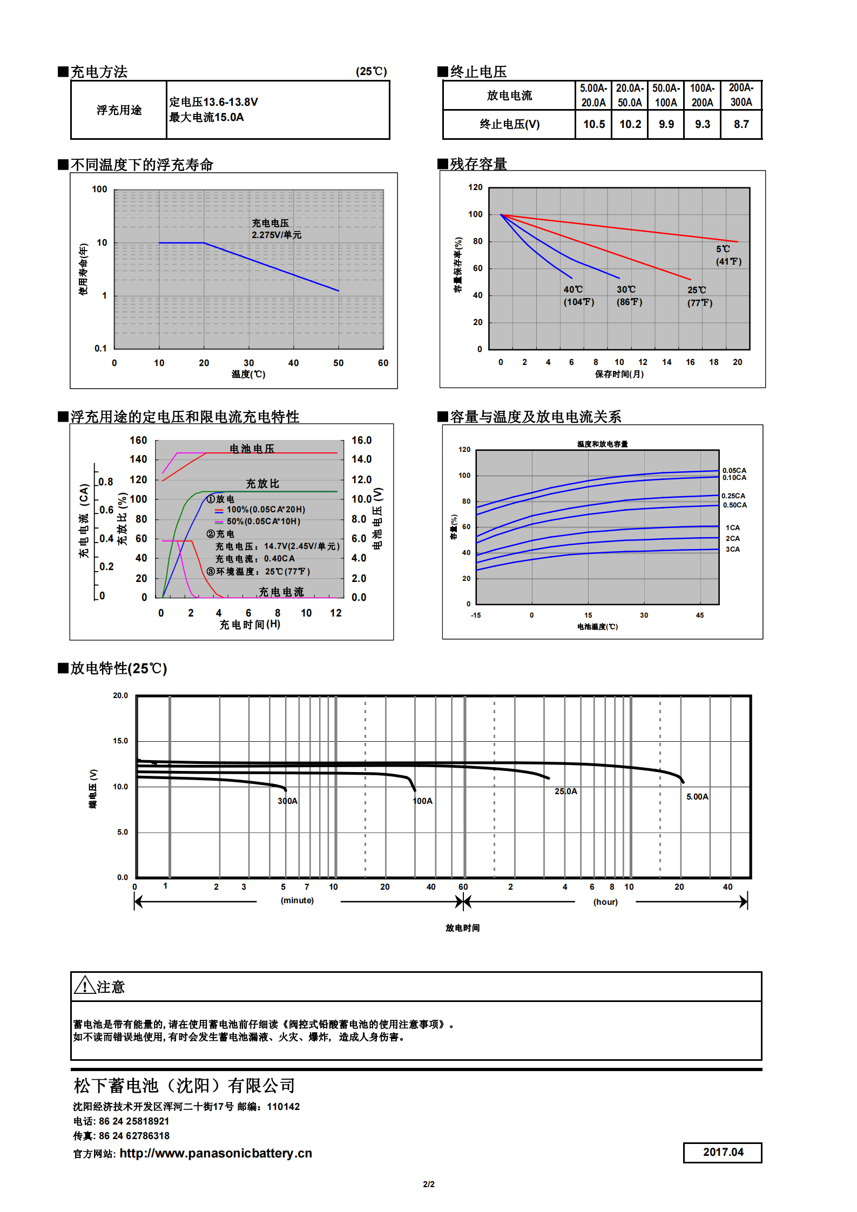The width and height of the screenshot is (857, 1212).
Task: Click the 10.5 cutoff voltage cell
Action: pos(593,124)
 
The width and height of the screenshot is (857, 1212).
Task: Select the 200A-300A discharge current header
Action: pos(741,95)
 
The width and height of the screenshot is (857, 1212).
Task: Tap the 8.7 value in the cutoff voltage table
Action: pos(741,124)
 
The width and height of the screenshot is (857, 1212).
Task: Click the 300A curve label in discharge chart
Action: pos(287,801)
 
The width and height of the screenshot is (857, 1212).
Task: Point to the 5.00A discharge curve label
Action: pos(697,797)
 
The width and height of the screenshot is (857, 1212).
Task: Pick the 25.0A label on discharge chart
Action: pos(565,791)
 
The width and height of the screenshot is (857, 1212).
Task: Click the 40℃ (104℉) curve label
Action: pos(578,296)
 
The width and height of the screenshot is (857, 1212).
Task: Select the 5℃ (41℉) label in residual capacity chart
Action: pos(728,255)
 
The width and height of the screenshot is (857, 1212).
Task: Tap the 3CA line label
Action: pos(732,550)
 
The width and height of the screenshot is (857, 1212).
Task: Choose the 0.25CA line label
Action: pos(733,496)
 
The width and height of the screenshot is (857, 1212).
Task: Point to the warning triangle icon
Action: pos(85,985)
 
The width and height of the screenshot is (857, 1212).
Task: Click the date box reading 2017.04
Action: pos(723,1152)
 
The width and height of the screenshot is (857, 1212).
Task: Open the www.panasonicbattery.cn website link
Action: pos(215,1153)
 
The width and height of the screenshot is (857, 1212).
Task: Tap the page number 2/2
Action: pos(428,1184)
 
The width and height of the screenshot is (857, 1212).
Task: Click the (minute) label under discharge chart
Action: pos(297,900)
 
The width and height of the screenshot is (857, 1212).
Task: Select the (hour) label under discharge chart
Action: pos(605,902)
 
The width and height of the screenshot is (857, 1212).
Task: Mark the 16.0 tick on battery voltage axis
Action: pos(361,441)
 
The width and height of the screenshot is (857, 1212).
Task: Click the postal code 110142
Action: pos(283,1107)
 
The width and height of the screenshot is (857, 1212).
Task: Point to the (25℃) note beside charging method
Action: pos(371,71)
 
